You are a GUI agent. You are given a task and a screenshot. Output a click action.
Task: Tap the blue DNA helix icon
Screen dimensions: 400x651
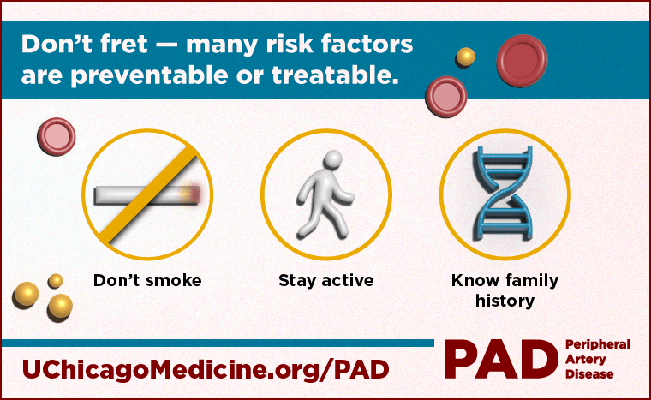point(505,195)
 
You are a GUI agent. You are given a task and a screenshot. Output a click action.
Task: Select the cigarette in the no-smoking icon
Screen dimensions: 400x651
point(128,195)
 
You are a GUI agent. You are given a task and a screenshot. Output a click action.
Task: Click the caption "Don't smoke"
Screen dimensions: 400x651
point(147,280)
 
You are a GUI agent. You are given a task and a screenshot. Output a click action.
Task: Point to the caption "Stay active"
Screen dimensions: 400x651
point(325,280)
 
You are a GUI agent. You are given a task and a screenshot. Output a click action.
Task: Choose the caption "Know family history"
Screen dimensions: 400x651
point(505,290)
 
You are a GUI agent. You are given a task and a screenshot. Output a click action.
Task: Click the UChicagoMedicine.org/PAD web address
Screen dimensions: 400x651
point(206,367)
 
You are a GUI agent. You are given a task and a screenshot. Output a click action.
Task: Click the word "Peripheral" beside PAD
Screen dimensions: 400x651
point(597,344)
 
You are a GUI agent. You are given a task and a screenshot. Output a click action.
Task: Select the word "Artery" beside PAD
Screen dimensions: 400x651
point(585,360)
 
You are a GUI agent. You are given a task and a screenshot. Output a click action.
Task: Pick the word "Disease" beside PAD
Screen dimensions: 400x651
point(589,374)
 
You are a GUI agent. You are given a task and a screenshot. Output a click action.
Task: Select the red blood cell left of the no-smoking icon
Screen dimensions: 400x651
point(57,137)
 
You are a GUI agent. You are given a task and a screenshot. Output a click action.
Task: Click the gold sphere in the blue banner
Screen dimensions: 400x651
point(465,57)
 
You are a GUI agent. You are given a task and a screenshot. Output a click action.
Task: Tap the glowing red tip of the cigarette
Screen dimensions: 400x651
point(195,195)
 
